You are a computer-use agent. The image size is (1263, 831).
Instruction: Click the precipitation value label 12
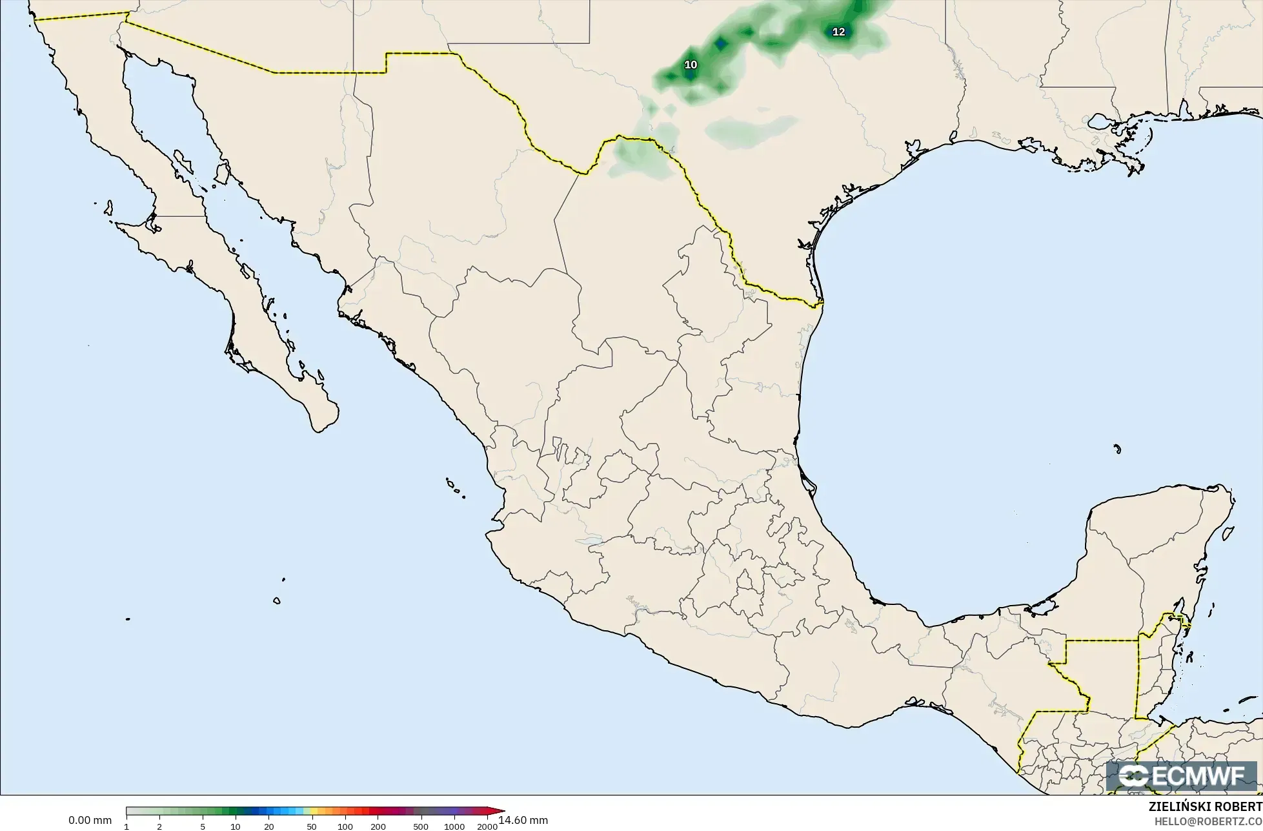tap(838, 32)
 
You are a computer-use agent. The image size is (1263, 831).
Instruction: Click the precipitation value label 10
tap(691, 65)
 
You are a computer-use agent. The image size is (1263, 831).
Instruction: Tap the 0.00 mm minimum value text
tap(90, 821)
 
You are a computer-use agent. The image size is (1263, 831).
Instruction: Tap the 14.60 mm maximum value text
tap(523, 821)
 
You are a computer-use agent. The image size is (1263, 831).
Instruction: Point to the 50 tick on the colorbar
tap(312, 826)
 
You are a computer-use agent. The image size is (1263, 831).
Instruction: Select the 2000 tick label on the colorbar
tap(487, 826)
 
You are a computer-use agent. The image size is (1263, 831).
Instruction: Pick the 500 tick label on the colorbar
tap(421, 826)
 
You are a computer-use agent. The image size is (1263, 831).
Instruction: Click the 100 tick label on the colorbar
tap(345, 826)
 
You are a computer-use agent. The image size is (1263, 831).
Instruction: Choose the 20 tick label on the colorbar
tap(269, 826)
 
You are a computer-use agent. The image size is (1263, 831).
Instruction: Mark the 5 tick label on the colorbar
tap(203, 826)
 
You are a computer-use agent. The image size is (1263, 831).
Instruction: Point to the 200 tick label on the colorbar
tap(378, 826)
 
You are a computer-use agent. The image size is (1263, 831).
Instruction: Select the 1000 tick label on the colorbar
tap(454, 826)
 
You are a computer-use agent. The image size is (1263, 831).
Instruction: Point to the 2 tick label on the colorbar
tap(159, 826)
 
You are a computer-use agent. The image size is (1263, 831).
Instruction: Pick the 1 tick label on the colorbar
tap(126, 826)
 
